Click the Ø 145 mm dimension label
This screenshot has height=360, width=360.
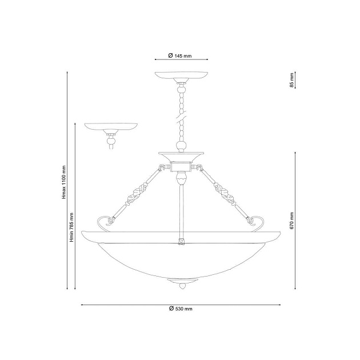click(180, 55)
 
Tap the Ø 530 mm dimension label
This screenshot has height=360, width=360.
click(181, 309)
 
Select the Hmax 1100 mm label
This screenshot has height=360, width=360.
click(64, 182)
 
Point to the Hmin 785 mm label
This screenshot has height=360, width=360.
click(71, 227)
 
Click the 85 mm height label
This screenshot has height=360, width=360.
click(291, 80)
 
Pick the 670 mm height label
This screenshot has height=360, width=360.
click(291, 221)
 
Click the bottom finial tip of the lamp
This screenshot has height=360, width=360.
click(182, 289)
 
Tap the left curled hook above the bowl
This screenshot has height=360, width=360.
click(105, 223)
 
